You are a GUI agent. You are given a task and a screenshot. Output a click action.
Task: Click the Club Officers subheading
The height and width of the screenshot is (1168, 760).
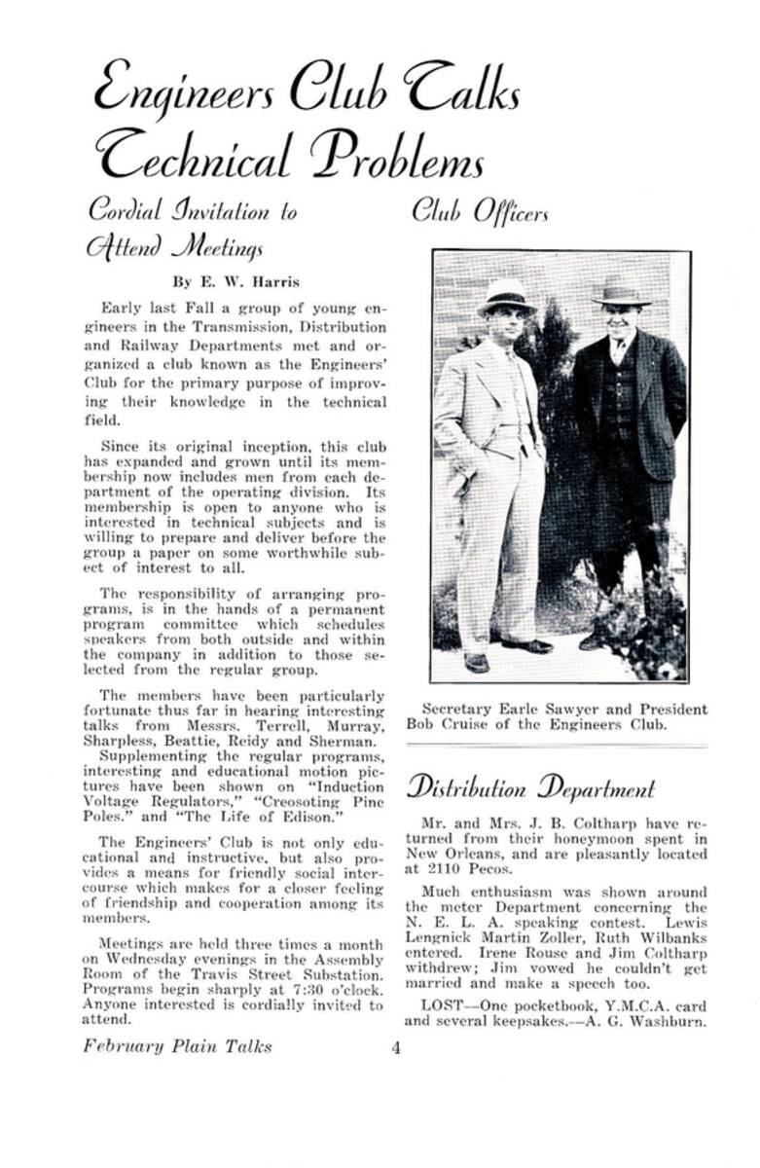coord(481,210)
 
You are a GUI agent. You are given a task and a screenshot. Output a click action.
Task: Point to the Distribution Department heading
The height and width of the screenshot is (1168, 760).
coord(530,787)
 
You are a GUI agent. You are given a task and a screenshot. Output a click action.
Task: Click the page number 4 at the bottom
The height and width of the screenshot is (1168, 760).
coord(396,1048)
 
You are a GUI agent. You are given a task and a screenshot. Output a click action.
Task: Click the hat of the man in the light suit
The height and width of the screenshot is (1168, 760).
coord(506,295)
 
